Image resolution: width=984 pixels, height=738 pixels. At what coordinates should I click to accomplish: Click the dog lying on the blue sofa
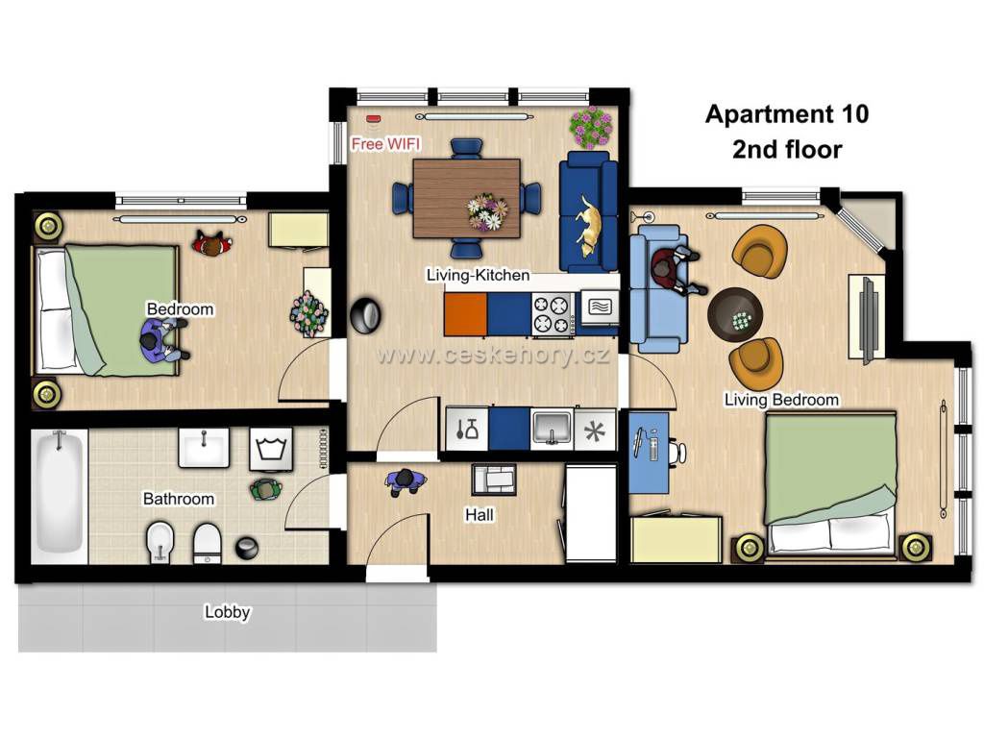coord(589,226)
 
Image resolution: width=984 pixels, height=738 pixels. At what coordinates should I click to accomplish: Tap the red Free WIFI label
coord(385,144)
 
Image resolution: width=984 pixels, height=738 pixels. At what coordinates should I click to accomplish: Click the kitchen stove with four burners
coord(552,314)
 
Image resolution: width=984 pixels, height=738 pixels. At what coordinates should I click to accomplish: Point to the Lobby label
coord(227,611)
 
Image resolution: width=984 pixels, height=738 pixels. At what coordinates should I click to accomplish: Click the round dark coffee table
coord(735,314)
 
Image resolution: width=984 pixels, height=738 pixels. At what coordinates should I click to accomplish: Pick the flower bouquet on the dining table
coord(487,211)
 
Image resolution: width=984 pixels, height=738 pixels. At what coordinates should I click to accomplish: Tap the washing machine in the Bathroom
coord(271,449)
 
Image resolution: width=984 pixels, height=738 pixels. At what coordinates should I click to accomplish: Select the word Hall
coord(479,515)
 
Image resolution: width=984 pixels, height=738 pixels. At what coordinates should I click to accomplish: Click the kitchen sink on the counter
coord(553,429)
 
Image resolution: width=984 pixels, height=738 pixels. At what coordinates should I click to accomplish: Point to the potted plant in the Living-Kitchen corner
coord(591,128)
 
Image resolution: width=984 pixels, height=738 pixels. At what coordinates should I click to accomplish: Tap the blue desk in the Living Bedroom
coord(649,452)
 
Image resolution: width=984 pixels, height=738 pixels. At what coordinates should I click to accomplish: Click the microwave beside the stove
coord(600,307)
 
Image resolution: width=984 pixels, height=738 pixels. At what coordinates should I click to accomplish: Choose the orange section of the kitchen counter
coord(466,314)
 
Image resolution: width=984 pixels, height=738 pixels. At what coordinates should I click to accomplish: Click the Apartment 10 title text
coord(787,113)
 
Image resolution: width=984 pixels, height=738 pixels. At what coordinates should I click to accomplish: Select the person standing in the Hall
coord(406,481)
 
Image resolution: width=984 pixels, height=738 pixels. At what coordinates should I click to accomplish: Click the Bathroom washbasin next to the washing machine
coord(204,448)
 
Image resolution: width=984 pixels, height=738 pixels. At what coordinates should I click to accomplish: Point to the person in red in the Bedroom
coord(212,244)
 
